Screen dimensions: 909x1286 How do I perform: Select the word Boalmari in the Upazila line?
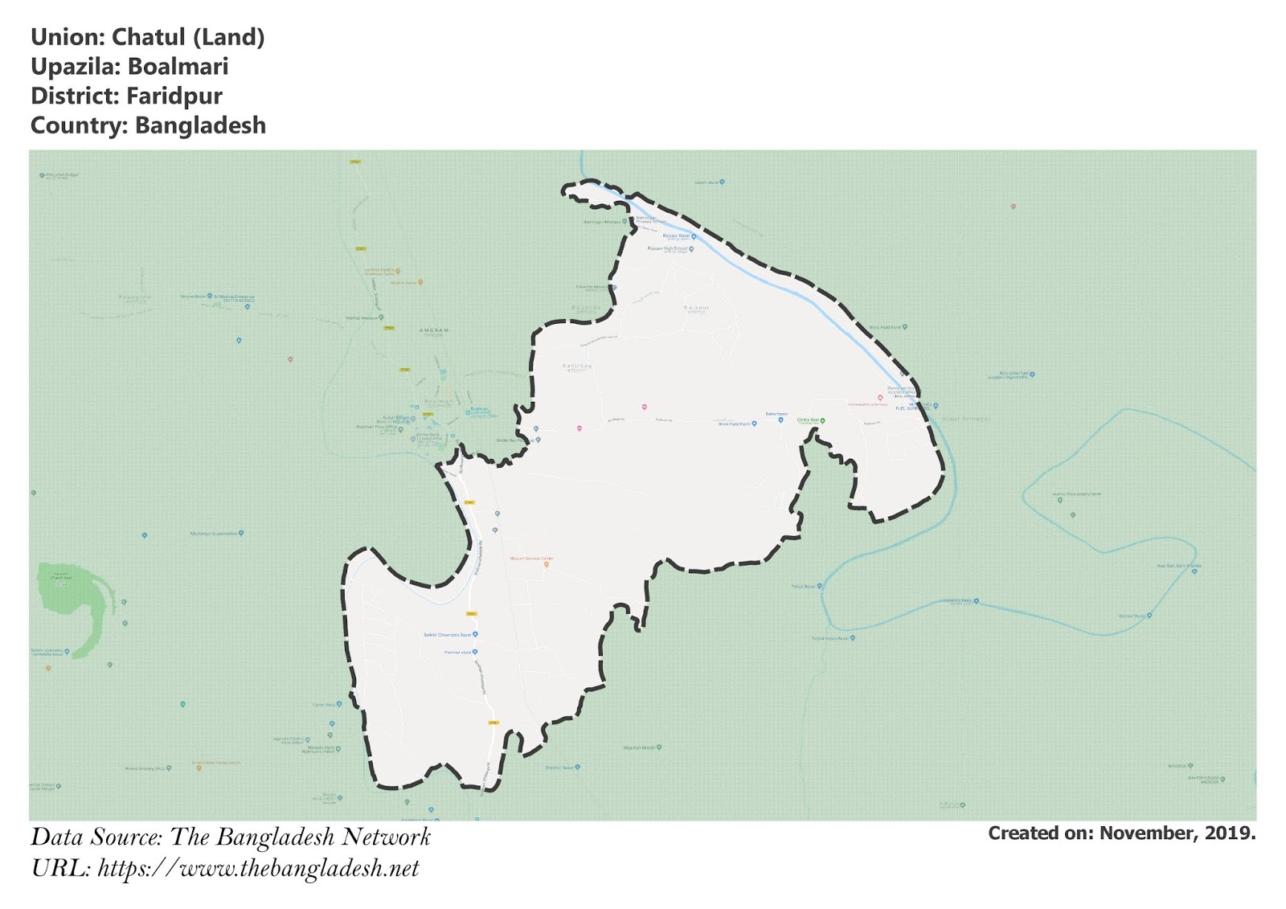178,67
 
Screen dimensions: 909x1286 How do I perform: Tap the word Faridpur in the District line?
174,96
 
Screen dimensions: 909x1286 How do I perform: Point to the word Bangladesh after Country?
200,126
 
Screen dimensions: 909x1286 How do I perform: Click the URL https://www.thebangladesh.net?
258,869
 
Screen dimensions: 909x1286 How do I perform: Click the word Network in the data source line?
386,837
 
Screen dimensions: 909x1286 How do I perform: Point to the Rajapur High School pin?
691,249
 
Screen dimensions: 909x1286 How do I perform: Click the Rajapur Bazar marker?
694,236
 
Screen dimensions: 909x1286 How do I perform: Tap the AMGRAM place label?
434,330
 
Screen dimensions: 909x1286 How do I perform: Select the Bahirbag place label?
576,366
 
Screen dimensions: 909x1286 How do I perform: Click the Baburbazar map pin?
780,420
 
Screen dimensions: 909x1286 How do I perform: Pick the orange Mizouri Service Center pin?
547,564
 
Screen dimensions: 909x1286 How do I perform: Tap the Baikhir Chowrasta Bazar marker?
475,635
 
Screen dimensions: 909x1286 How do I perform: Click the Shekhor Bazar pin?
578,768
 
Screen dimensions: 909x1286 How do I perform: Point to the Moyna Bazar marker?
210,296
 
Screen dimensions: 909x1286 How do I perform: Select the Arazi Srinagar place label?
966,419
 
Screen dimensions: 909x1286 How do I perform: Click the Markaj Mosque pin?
381,318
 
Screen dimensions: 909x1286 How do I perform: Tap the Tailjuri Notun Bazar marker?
853,638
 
